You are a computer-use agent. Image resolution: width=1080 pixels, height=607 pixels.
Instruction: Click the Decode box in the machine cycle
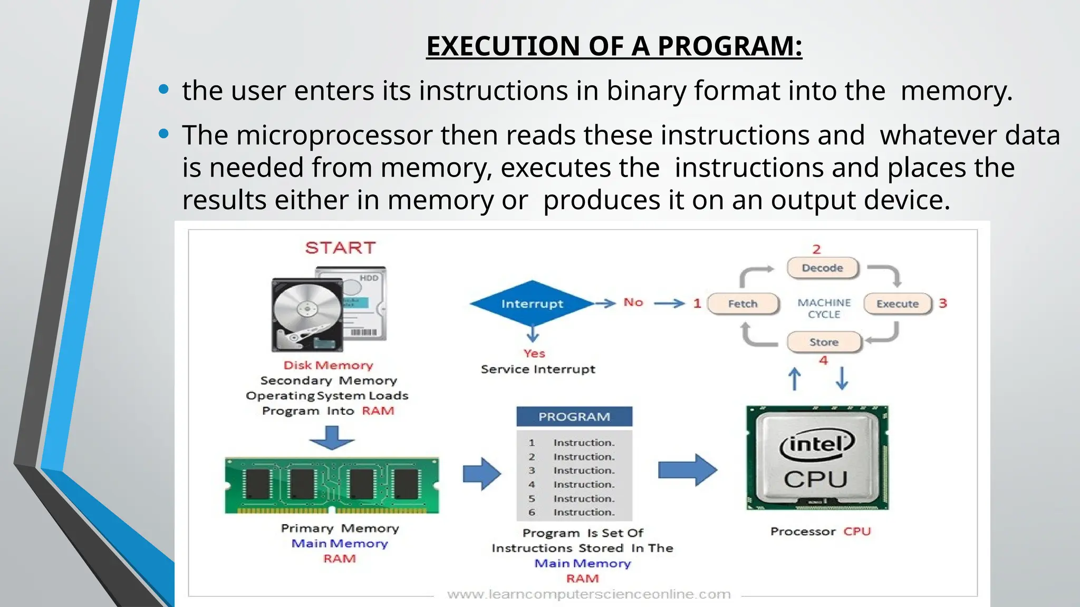tap(822, 268)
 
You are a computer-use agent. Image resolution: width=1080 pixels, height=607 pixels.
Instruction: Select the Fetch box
tap(742, 304)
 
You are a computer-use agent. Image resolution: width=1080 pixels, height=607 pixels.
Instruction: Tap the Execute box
tap(897, 304)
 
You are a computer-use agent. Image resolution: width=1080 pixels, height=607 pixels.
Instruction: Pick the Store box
tap(824, 342)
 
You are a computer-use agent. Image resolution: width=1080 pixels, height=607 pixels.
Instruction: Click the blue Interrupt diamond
tap(532, 304)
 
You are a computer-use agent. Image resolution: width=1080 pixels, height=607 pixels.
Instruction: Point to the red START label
tap(340, 248)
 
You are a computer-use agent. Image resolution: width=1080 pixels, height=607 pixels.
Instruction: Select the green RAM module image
tap(332, 485)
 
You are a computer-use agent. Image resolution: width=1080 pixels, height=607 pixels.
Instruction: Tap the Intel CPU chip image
tap(817, 458)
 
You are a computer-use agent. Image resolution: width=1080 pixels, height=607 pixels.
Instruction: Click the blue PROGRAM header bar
tap(574, 417)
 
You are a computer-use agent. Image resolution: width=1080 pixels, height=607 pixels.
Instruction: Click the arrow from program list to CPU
tap(687, 469)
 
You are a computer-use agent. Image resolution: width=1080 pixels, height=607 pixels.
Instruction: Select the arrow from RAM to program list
tap(481, 474)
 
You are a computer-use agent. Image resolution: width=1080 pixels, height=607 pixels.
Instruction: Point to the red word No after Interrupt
tap(633, 302)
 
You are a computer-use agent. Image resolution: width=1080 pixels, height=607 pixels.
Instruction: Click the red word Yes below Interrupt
tap(534, 354)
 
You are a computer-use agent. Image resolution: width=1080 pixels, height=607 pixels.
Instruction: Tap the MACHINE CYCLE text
tap(824, 309)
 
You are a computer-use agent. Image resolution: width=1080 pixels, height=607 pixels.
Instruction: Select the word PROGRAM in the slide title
tap(729, 46)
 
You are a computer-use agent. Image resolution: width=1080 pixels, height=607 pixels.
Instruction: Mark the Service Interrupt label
tap(538, 369)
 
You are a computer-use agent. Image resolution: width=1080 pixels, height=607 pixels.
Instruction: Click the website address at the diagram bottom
tap(589, 595)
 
